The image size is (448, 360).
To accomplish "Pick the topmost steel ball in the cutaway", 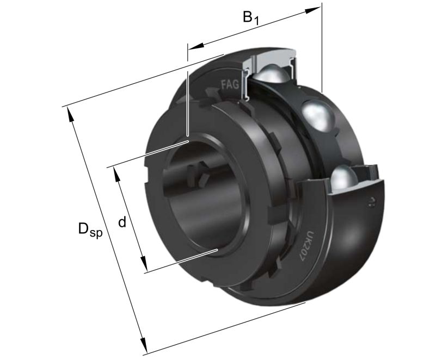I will (271, 73).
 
